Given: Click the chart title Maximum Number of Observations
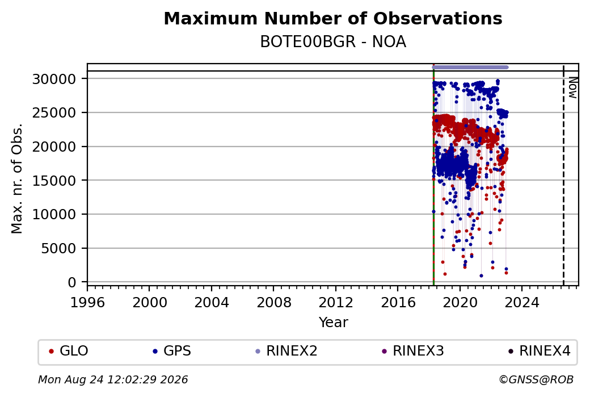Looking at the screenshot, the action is [333, 18].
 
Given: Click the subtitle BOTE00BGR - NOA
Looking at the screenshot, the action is [333, 42].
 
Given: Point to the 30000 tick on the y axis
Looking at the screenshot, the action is [54, 79].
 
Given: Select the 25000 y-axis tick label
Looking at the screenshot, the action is [54, 112].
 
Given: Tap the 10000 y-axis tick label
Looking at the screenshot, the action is [54, 214].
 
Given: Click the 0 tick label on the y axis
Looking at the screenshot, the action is [72, 282].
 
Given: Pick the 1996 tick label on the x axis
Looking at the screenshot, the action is [87, 303].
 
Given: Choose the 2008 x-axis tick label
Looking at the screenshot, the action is [273, 303].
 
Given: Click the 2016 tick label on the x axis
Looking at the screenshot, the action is [398, 303].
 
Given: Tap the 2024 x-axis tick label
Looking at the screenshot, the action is [522, 303].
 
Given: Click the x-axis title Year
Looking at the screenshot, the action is [334, 323].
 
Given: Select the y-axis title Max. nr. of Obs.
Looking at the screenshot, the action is [17, 178].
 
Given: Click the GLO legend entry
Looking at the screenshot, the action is [69, 351].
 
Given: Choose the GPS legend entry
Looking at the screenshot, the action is [172, 351].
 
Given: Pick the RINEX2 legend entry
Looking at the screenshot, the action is [286, 351].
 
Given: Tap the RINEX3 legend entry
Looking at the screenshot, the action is [413, 351].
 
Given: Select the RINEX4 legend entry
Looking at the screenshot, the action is [539, 351].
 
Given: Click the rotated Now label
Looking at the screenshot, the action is [572, 88].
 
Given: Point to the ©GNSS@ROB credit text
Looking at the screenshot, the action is [536, 379].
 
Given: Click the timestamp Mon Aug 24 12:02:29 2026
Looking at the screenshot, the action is [113, 379].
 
